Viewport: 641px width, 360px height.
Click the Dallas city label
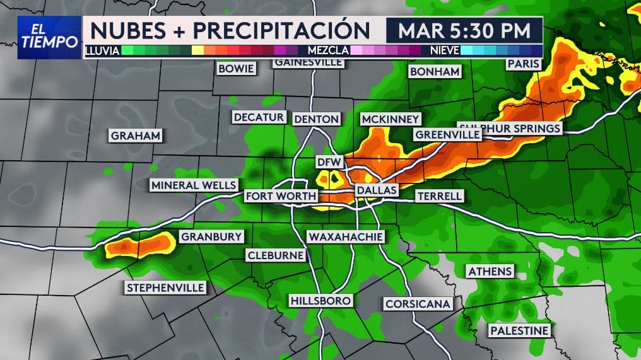(377, 190)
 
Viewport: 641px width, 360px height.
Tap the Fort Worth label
(280, 196)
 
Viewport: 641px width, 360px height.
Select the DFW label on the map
(329, 162)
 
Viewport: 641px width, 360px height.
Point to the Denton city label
(317, 119)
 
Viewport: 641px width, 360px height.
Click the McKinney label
(391, 119)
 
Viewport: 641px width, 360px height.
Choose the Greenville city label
(447, 134)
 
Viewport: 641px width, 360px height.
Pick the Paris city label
(524, 64)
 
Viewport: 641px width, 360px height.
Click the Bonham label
(435, 72)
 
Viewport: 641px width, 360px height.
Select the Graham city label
(136, 136)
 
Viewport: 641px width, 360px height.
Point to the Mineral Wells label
(194, 185)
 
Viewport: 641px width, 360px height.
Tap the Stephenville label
(166, 287)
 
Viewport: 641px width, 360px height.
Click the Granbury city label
(212, 237)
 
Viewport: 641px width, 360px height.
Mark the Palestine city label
(520, 330)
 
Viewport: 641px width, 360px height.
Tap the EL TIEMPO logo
(50, 37)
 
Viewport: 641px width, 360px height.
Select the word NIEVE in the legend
(445, 49)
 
